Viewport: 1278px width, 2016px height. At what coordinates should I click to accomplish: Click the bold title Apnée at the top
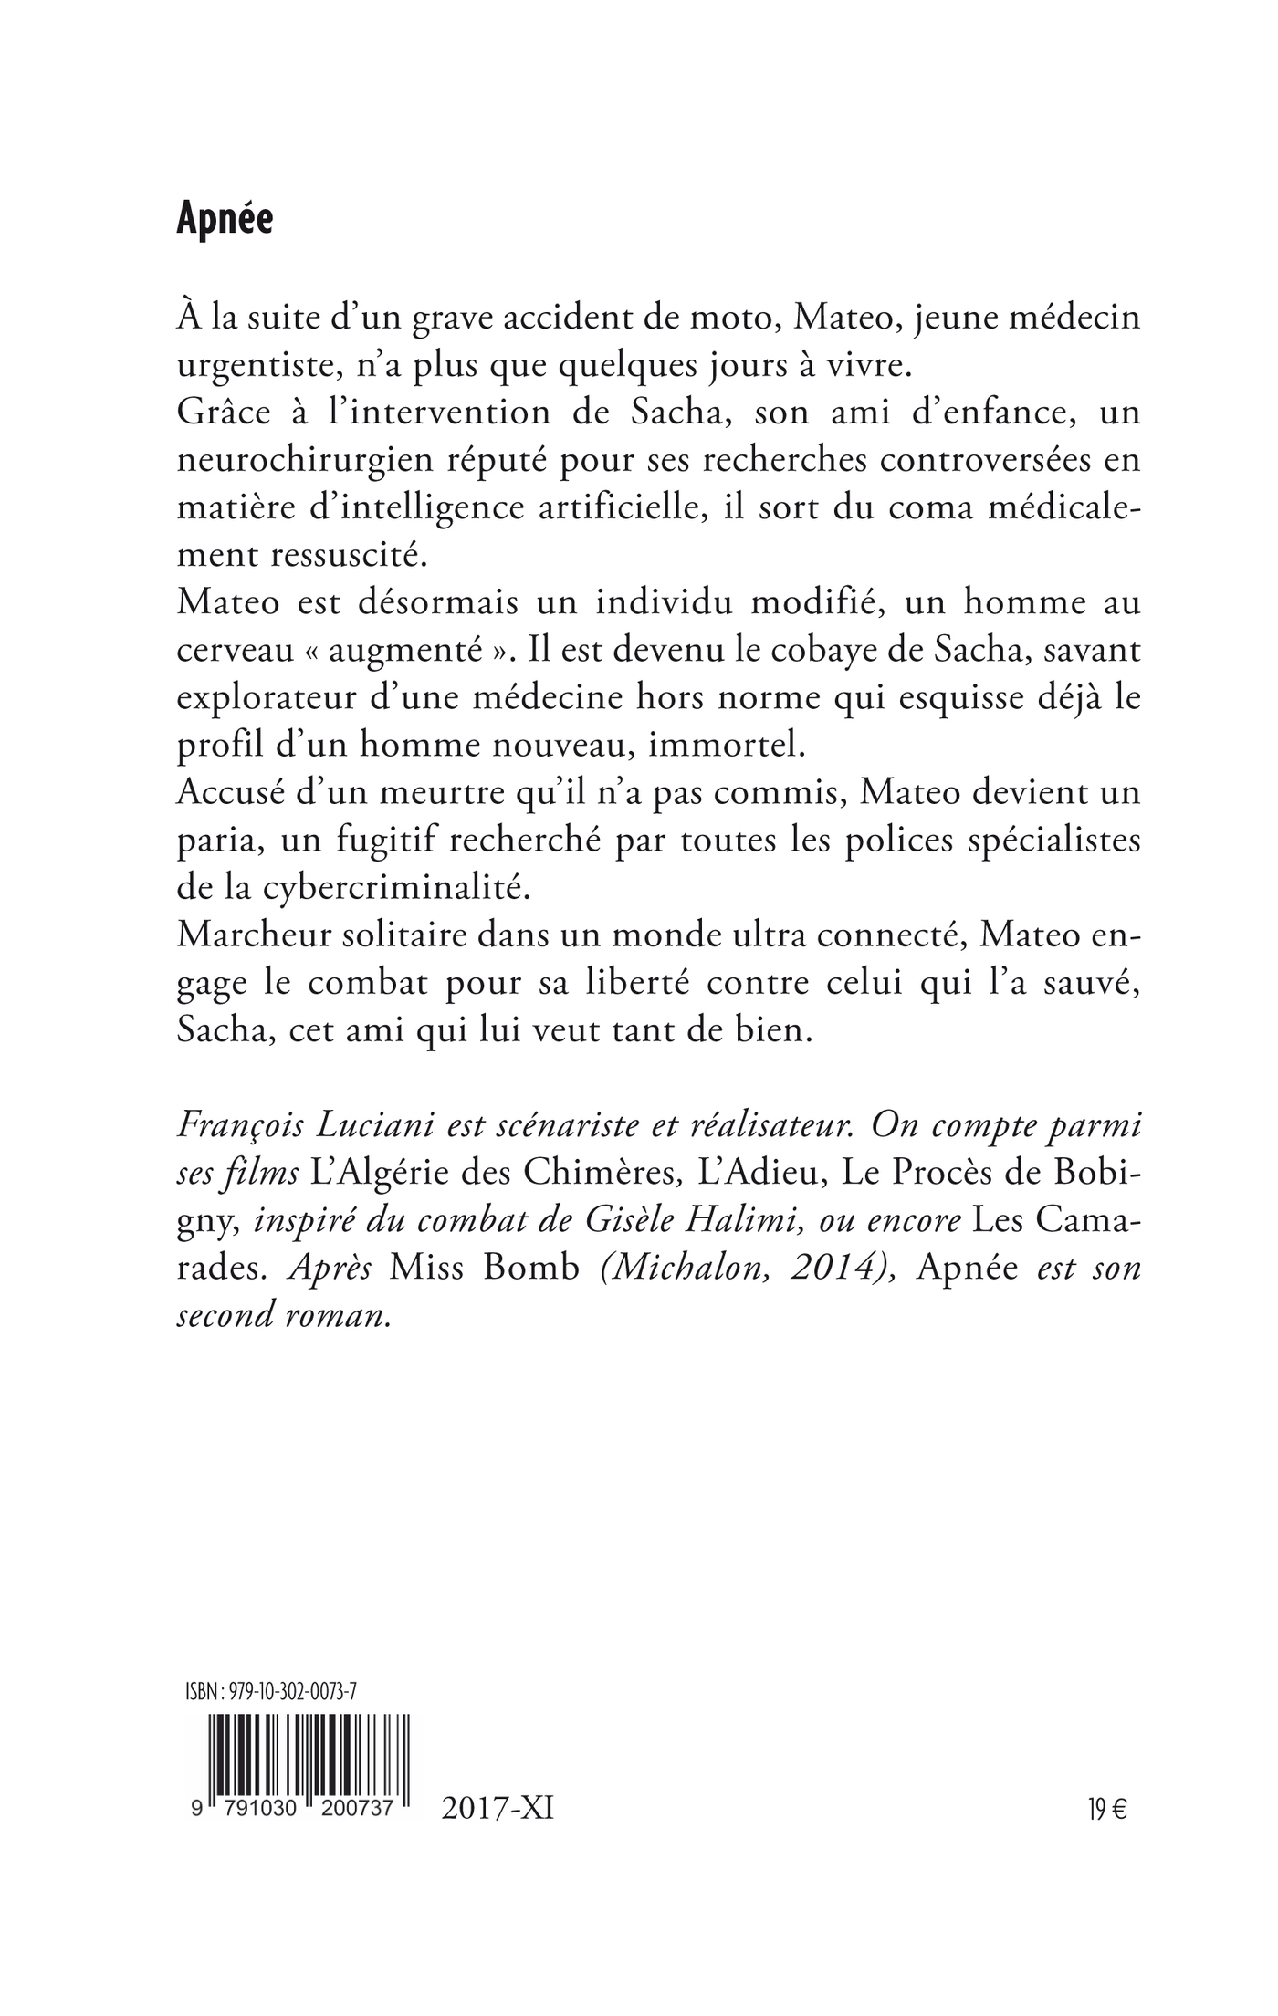(225, 220)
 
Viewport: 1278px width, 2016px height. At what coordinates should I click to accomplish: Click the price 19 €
(1106, 1810)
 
